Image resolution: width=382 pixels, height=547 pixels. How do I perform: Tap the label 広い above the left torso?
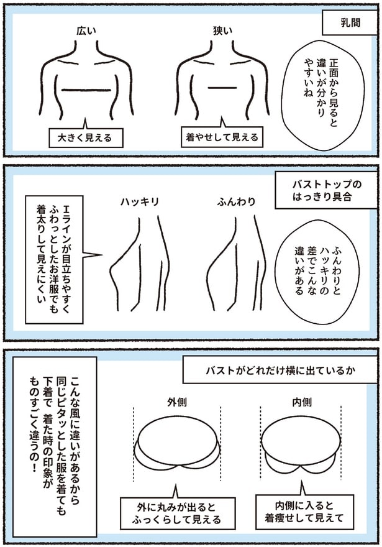pos(86,30)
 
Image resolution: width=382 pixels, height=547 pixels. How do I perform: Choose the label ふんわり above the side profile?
pos(236,202)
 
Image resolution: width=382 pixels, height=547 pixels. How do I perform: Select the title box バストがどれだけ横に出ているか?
pos(272,371)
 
